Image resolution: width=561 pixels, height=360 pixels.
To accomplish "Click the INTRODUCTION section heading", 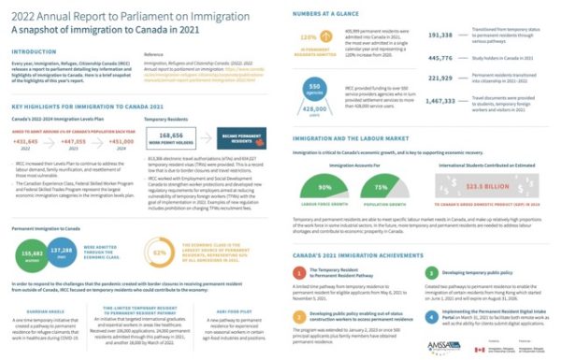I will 36,52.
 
